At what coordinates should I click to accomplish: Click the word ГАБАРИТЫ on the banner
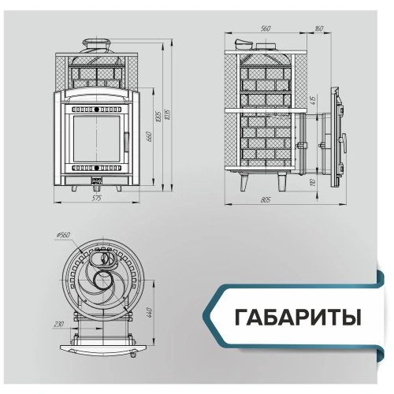click(x=298, y=318)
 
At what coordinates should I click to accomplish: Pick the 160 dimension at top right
click(x=318, y=28)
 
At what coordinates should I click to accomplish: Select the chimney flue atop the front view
click(x=97, y=44)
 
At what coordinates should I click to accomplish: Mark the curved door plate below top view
click(x=102, y=348)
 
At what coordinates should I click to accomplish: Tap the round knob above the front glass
click(x=97, y=109)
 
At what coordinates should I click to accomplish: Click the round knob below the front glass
click(x=97, y=169)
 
